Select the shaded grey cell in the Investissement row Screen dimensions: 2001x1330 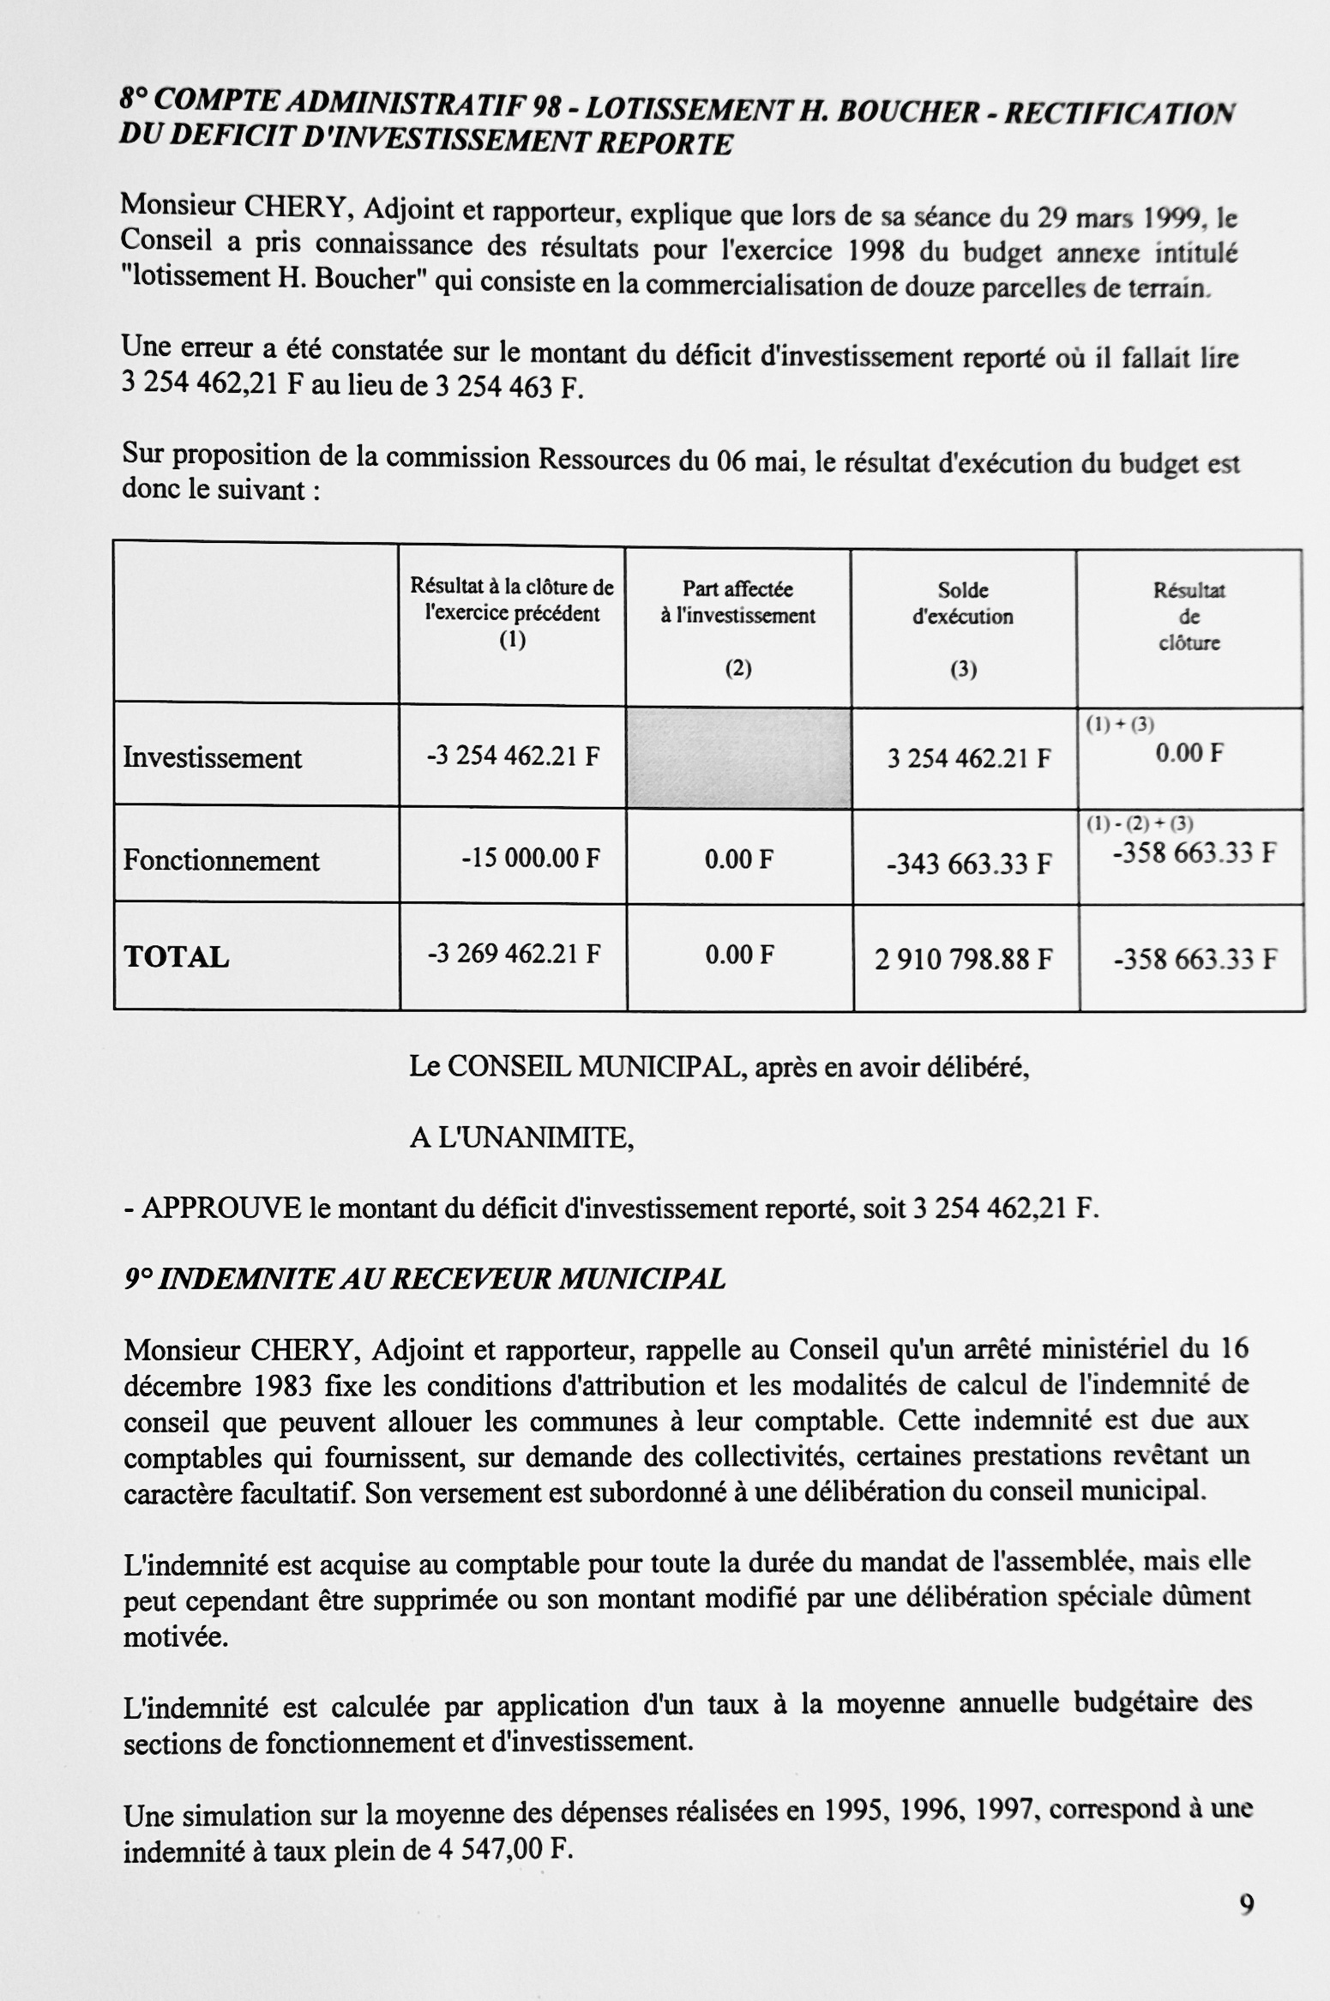[x=738, y=757]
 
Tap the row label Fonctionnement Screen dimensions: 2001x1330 [x=221, y=860]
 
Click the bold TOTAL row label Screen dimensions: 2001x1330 [x=177, y=956]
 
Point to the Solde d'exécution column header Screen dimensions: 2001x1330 [x=963, y=603]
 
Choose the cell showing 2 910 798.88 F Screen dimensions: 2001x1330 [x=963, y=958]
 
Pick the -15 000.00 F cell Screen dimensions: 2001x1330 [x=530, y=859]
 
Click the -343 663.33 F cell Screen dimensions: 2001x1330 [x=969, y=863]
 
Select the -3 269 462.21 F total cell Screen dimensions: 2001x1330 [x=514, y=954]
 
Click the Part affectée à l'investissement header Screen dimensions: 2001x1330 [x=737, y=602]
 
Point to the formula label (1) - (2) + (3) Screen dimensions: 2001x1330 [x=1140, y=824]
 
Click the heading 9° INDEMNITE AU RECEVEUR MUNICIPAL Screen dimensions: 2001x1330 [x=424, y=1279]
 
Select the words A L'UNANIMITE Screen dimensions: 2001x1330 [x=521, y=1138]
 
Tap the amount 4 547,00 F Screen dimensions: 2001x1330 [x=504, y=1850]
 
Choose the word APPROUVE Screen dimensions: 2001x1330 [x=221, y=1208]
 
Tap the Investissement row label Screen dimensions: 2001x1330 [x=213, y=758]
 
